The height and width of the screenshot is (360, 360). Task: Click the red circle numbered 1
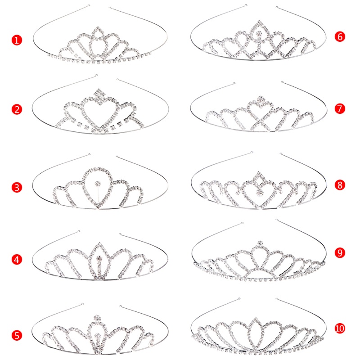coord(17,40)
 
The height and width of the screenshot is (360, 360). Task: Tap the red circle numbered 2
coord(17,109)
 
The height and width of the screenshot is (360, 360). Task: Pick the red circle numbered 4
coord(17,260)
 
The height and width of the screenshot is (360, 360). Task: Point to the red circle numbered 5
coord(17,335)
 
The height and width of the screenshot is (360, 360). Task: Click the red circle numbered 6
coord(340,36)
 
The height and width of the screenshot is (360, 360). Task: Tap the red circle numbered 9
coord(340,253)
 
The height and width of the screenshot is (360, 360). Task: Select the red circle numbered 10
coord(340,328)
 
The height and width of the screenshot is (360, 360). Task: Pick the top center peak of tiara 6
coord(260,23)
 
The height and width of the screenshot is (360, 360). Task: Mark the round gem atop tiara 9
coord(260,244)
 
